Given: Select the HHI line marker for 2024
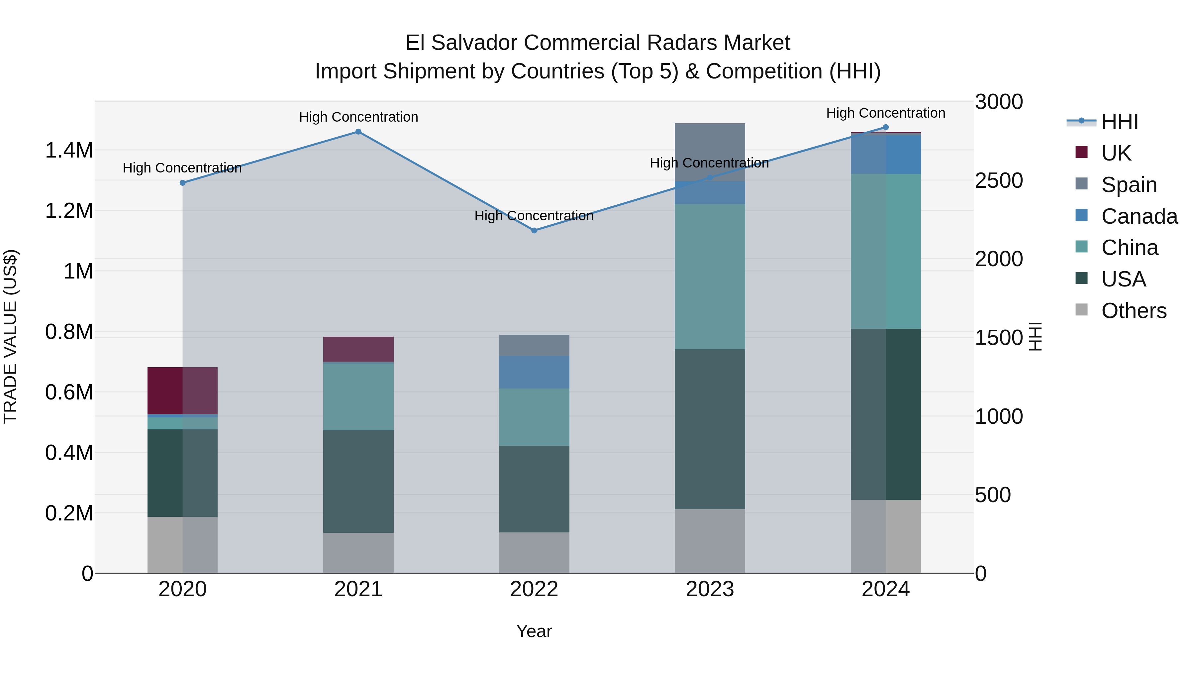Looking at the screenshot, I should click(885, 127).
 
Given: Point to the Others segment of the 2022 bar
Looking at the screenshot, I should click(534, 552).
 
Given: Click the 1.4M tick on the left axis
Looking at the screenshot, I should click(69, 151).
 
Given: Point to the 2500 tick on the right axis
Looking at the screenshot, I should click(999, 181).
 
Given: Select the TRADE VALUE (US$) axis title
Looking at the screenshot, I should click(10, 336).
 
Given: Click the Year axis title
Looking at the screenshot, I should click(534, 631).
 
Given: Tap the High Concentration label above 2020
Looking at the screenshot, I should click(182, 168).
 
